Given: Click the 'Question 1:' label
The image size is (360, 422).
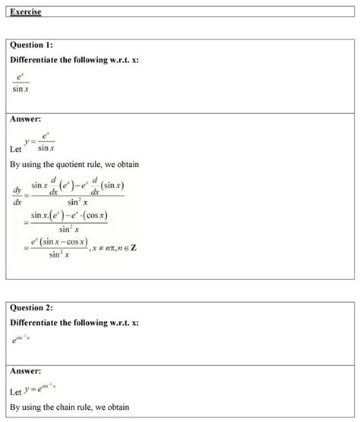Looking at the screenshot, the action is pyautogui.click(x=31, y=46).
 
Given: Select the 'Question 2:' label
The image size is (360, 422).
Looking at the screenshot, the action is pyautogui.click(x=31, y=308).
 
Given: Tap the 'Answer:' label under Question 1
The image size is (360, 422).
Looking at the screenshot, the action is pyautogui.click(x=26, y=119).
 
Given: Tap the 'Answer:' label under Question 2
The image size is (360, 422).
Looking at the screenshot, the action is pyautogui.click(x=26, y=371).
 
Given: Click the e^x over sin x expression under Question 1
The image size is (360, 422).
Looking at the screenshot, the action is pyautogui.click(x=21, y=82).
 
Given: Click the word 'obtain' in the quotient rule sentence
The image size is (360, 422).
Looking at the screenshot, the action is pyautogui.click(x=125, y=165).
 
